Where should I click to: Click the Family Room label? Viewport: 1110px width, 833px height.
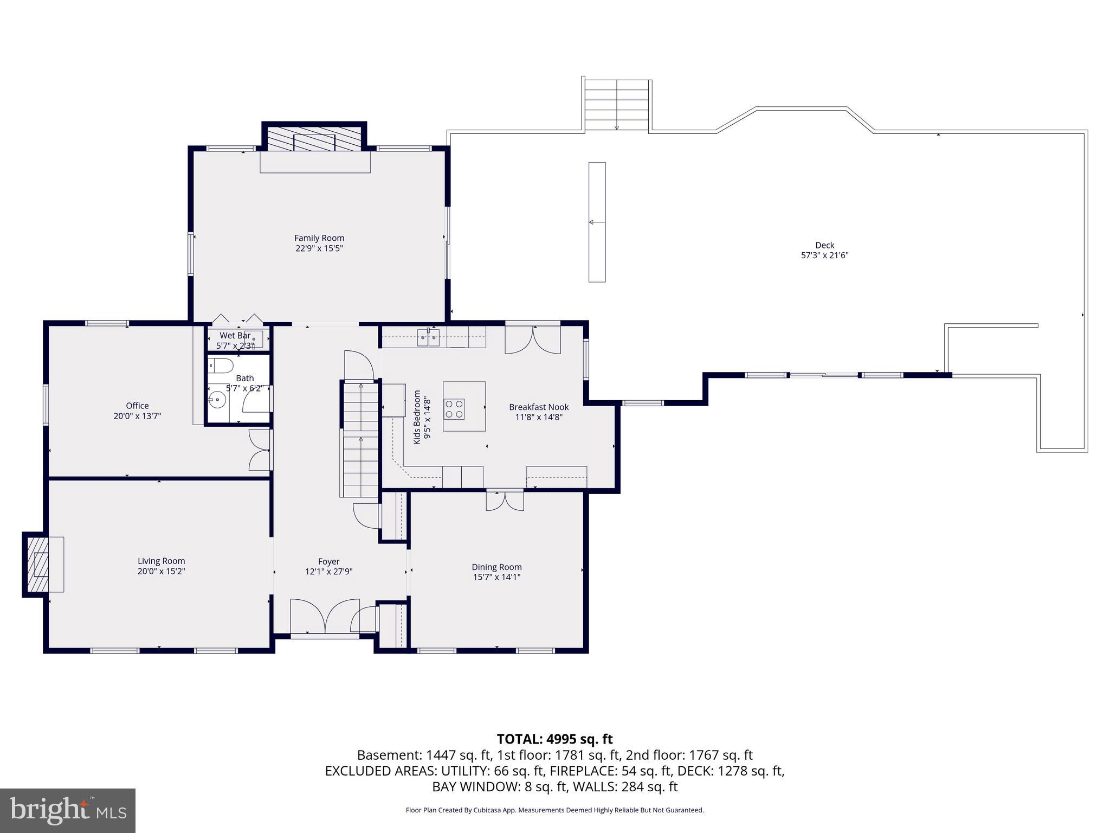(319, 238)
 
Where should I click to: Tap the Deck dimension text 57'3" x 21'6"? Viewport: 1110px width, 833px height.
(824, 255)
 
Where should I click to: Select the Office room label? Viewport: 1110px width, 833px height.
(137, 406)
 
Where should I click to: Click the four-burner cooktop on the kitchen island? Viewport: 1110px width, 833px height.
(454, 409)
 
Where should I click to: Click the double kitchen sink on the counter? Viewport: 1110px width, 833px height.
(428, 338)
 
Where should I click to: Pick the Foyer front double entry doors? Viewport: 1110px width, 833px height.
(325, 616)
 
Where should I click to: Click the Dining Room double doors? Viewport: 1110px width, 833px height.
(505, 500)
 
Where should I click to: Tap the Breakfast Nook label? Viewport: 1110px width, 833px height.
(539, 407)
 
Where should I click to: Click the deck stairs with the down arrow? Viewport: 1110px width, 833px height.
(617, 105)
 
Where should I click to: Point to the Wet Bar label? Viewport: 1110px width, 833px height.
(235, 336)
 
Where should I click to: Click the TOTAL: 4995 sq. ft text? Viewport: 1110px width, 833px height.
(554, 739)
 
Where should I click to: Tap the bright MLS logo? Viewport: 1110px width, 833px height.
(68, 810)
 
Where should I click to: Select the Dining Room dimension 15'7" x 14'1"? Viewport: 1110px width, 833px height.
(496, 577)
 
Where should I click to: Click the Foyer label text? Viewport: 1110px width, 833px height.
(328, 562)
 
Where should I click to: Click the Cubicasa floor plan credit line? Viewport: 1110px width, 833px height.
(554, 810)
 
